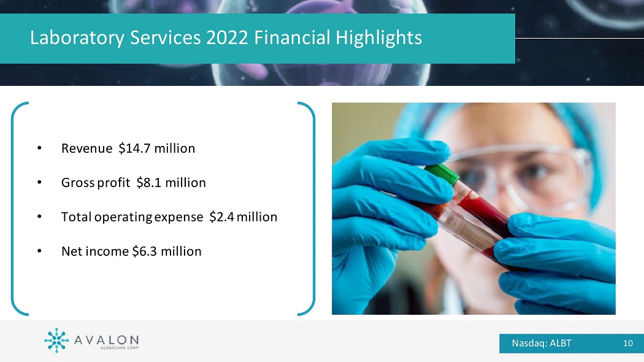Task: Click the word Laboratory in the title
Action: [77, 38]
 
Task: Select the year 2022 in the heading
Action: [227, 37]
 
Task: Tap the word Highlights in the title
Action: [378, 38]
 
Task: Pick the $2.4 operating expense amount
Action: [222, 217]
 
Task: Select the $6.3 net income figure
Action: [144, 251]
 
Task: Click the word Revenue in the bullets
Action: [86, 148]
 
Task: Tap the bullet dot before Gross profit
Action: [39, 182]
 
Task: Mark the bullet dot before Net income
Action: [39, 251]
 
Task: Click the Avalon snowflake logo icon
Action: [56, 341]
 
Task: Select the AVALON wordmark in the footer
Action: [106, 341]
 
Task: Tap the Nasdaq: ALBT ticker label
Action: [542, 343]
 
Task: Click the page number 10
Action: [628, 343]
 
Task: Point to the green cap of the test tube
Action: [442, 174]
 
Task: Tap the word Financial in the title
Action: [292, 37]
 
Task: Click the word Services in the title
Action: [165, 37]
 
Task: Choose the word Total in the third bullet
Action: [77, 217]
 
